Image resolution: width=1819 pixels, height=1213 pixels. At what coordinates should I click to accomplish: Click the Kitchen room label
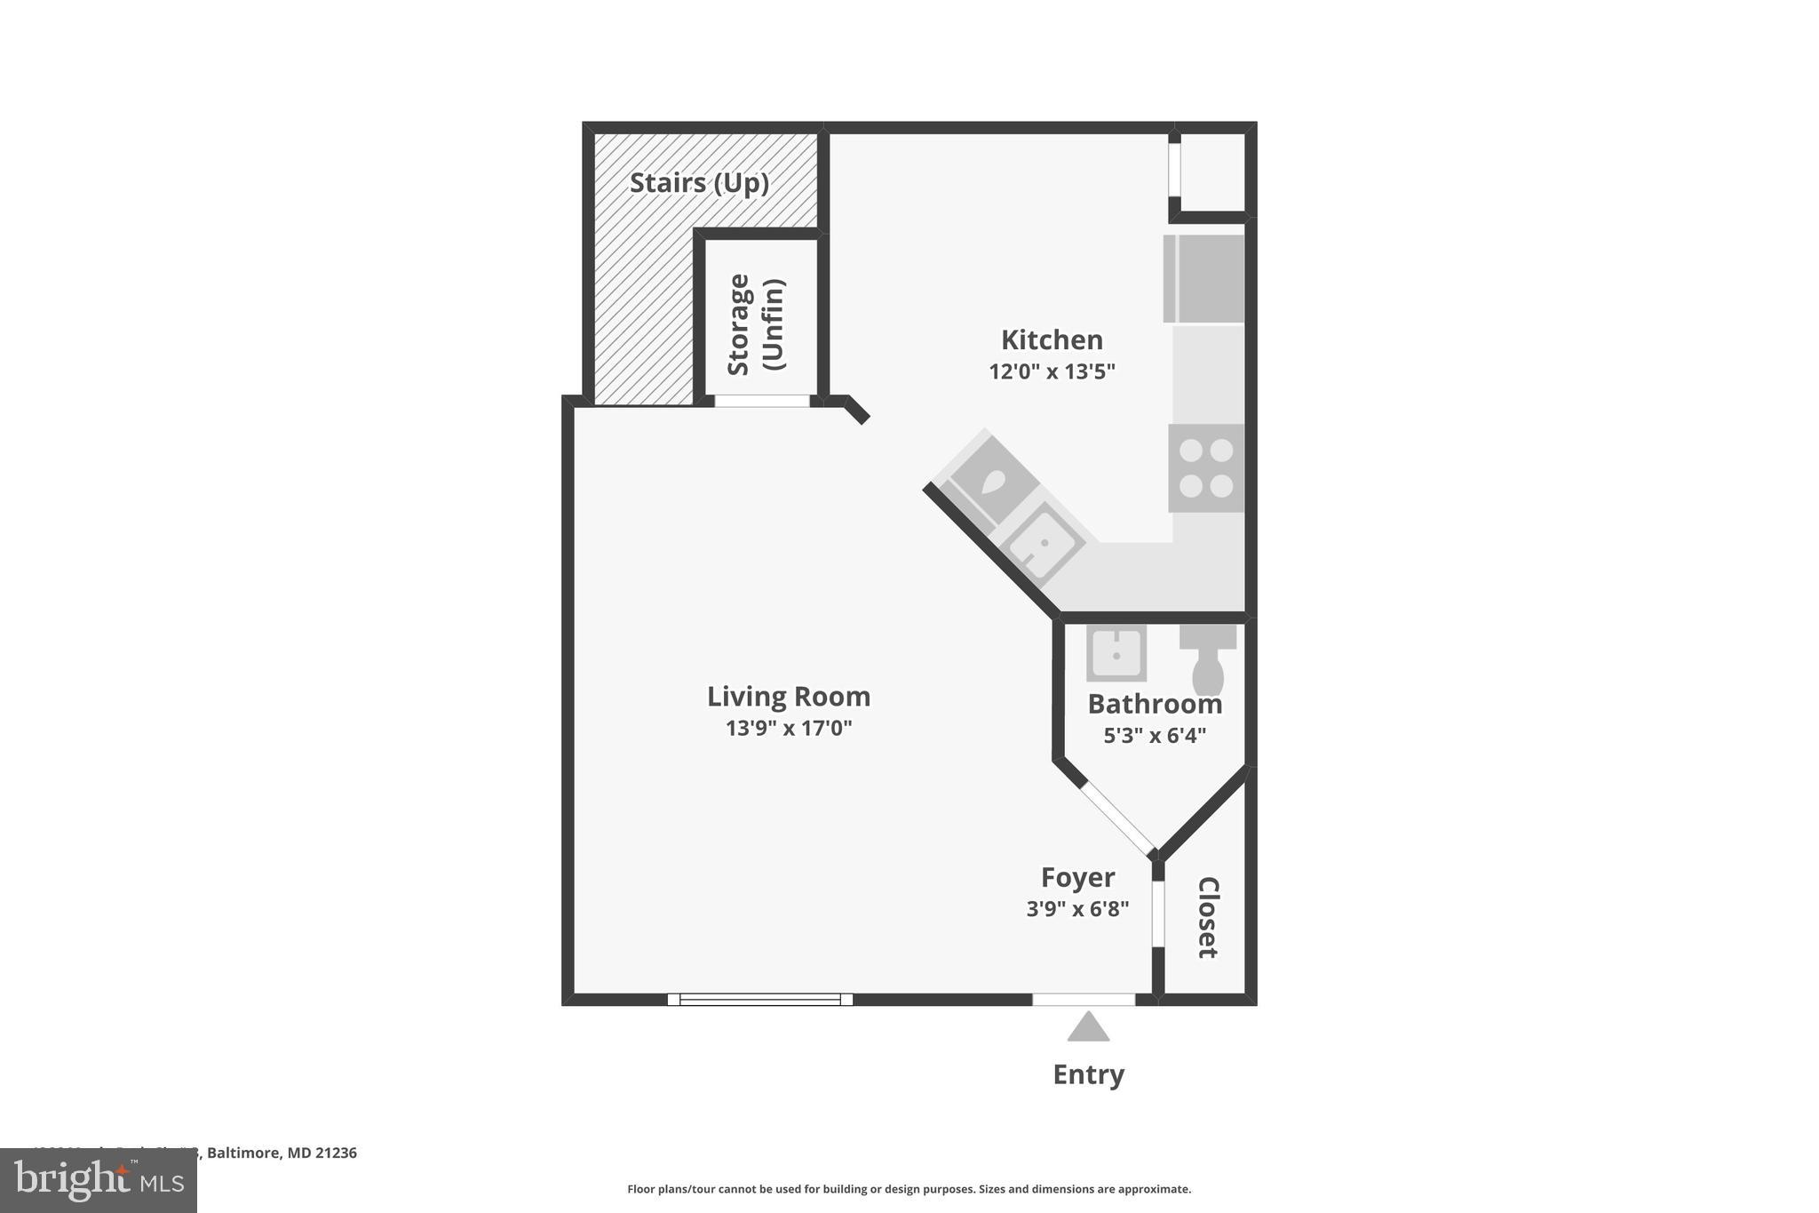click(1052, 339)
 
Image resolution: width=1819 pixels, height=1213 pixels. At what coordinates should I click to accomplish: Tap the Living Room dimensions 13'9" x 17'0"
click(789, 729)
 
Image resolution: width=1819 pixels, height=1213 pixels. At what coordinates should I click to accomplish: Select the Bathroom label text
click(1155, 704)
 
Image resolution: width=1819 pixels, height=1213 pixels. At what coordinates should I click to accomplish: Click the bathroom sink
click(1116, 653)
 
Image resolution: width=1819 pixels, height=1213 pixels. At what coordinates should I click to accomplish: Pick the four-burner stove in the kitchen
click(1205, 468)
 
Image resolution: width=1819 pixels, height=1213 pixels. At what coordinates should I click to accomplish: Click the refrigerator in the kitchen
click(1203, 278)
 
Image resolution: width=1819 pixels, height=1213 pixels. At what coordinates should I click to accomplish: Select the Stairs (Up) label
click(699, 183)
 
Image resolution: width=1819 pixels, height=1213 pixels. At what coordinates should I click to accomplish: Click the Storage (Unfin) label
click(756, 324)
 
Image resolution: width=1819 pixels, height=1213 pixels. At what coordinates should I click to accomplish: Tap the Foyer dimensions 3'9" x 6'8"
click(1077, 909)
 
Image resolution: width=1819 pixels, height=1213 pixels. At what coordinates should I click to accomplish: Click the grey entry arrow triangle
click(1088, 1028)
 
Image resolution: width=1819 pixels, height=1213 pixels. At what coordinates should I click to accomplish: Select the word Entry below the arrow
click(1088, 1074)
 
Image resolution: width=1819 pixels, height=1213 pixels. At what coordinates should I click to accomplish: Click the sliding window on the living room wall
click(760, 1000)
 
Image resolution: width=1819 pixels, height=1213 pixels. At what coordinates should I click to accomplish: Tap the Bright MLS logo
click(99, 1180)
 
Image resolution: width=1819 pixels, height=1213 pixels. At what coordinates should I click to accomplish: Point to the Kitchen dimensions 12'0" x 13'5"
click(1052, 371)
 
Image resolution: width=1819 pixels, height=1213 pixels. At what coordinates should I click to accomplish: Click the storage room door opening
click(762, 402)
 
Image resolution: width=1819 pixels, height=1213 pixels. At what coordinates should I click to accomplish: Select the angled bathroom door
click(1118, 818)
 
